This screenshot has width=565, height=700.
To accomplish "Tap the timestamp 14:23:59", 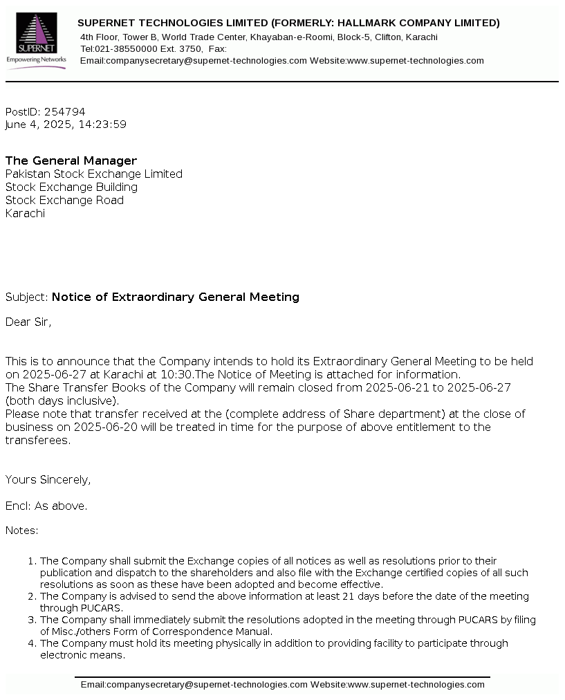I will pyautogui.click(x=103, y=125).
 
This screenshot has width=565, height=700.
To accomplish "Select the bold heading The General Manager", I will pyautogui.click(x=71, y=160).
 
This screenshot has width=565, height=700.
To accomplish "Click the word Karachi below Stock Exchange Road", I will pyautogui.click(x=25, y=213).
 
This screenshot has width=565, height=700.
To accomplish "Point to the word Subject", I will pyautogui.click(x=26, y=297).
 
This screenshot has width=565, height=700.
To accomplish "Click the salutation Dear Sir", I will pyautogui.click(x=28, y=322).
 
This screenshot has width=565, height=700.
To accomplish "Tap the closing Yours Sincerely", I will pyautogui.click(x=48, y=479).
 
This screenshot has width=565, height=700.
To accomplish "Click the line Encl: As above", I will pyautogui.click(x=46, y=506).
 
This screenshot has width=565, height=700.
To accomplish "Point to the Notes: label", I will pyautogui.click(x=22, y=531).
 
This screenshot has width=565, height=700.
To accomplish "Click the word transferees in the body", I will pyautogui.click(x=37, y=440).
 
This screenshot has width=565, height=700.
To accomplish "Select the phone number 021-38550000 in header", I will pyautogui.click(x=124, y=48).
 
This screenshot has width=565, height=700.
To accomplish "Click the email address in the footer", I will pyautogui.click(x=194, y=685).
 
